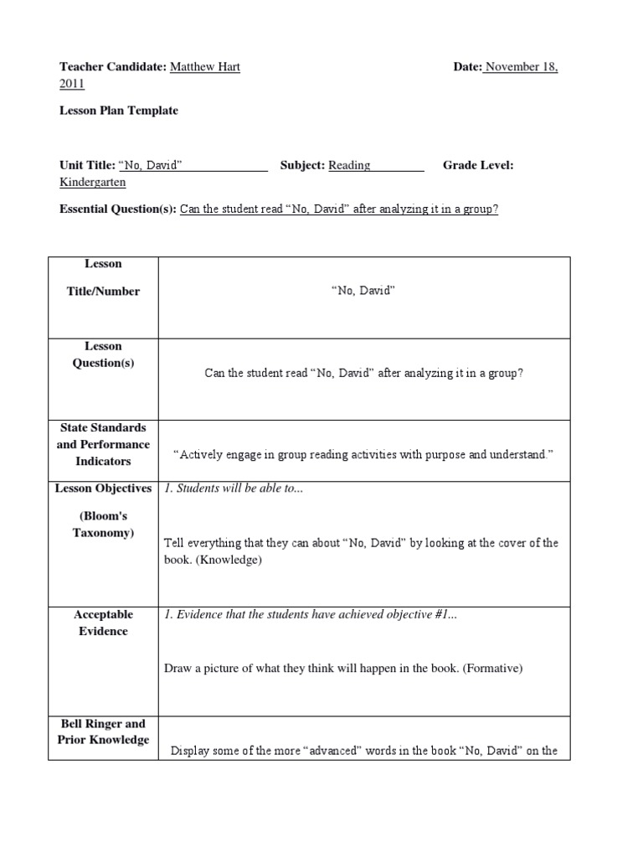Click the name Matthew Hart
(x=205, y=67)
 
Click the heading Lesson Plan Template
(x=118, y=111)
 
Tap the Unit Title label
(x=87, y=165)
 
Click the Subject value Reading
(x=349, y=165)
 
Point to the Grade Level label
(x=478, y=165)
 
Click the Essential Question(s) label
(x=117, y=209)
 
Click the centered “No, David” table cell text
(x=363, y=292)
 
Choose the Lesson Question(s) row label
(x=103, y=354)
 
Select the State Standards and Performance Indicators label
(x=103, y=444)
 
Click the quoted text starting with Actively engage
(x=363, y=454)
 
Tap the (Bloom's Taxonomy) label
(x=103, y=525)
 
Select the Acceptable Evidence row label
(x=103, y=623)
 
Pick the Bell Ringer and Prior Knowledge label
(x=103, y=731)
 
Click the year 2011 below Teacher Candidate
(x=71, y=84)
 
